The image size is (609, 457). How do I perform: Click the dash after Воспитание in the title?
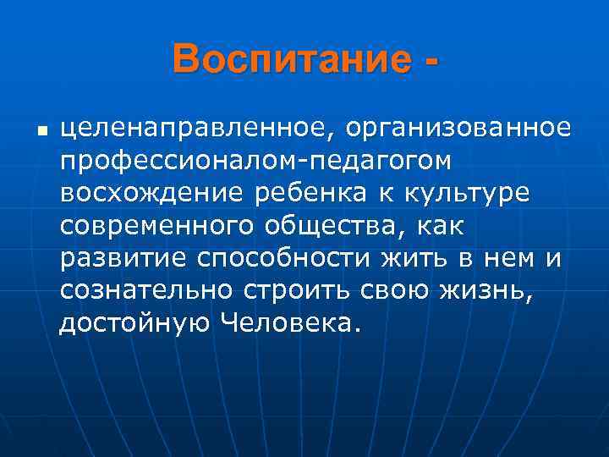434,63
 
